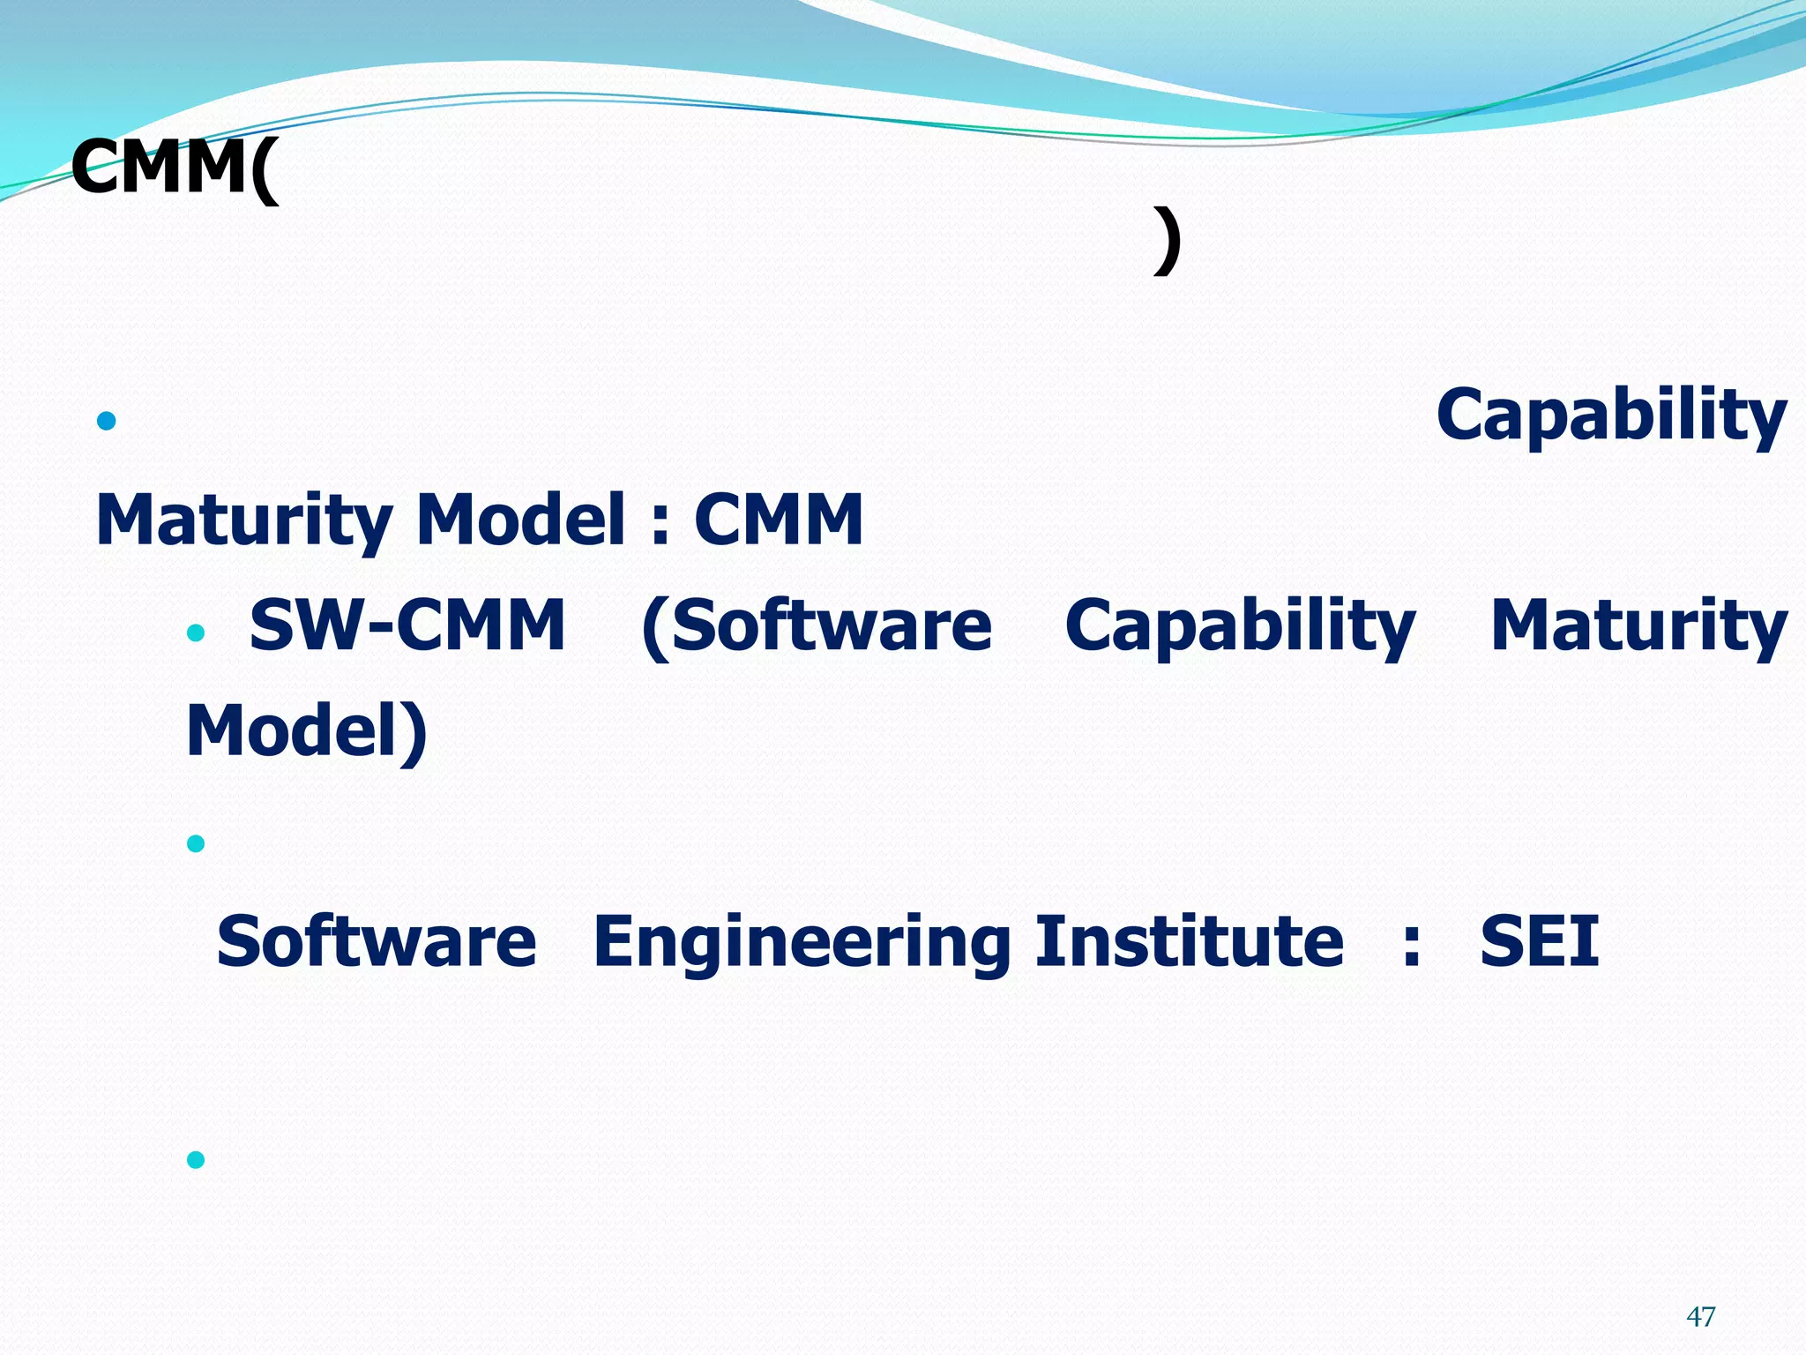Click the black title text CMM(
coord(174,168)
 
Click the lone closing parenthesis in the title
coord(1167,241)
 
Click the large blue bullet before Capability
coord(107,421)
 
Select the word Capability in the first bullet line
coord(1610,416)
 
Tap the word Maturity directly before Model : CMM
coord(243,520)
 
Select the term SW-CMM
coord(407,625)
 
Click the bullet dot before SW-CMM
coord(196,633)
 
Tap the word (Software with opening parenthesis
coord(817,626)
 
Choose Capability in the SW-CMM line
coord(1240,626)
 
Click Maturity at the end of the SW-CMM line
coord(1638,626)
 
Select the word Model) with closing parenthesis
coord(307,731)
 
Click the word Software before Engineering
coord(377,941)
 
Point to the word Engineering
coord(802,943)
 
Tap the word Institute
coord(1189,941)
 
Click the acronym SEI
coord(1539,941)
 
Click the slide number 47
coord(1700,1317)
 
